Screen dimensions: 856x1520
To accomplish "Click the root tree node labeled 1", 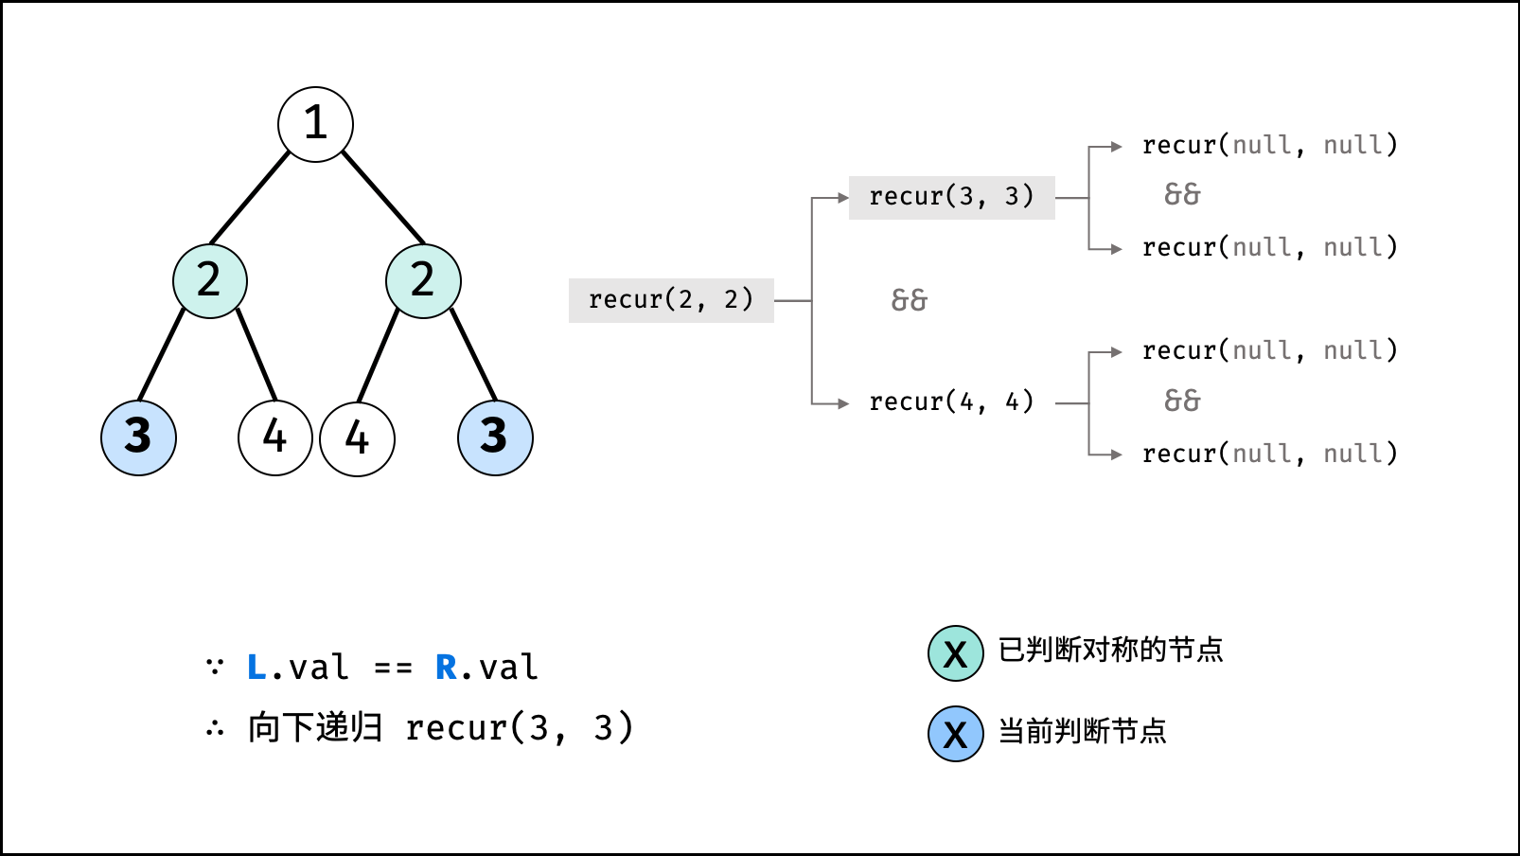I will (x=315, y=124).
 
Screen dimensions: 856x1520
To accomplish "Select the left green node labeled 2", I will (x=210, y=280).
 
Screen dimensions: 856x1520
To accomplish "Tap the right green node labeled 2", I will (x=423, y=280).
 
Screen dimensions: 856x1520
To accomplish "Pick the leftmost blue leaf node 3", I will (x=138, y=437).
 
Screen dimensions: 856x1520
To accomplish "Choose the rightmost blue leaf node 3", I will (x=495, y=437).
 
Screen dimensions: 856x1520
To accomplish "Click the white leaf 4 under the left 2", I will (x=274, y=437).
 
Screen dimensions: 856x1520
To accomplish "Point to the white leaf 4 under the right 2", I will (x=357, y=438).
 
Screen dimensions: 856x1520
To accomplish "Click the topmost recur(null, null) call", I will (x=1269, y=145).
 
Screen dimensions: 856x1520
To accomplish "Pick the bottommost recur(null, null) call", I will (x=1269, y=454).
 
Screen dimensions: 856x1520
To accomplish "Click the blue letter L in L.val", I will (x=256, y=668).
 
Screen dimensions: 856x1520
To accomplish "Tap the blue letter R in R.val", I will (x=446, y=668).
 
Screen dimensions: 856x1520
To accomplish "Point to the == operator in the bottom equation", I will (x=393, y=669).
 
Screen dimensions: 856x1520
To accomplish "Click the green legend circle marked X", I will (x=955, y=653).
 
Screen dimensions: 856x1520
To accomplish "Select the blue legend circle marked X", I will (x=955, y=734).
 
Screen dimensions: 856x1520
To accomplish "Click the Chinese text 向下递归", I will (x=315, y=728).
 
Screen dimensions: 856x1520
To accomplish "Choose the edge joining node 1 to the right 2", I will (x=383, y=197).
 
